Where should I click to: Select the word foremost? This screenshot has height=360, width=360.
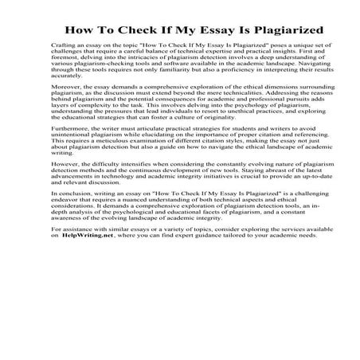point(65,63)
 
